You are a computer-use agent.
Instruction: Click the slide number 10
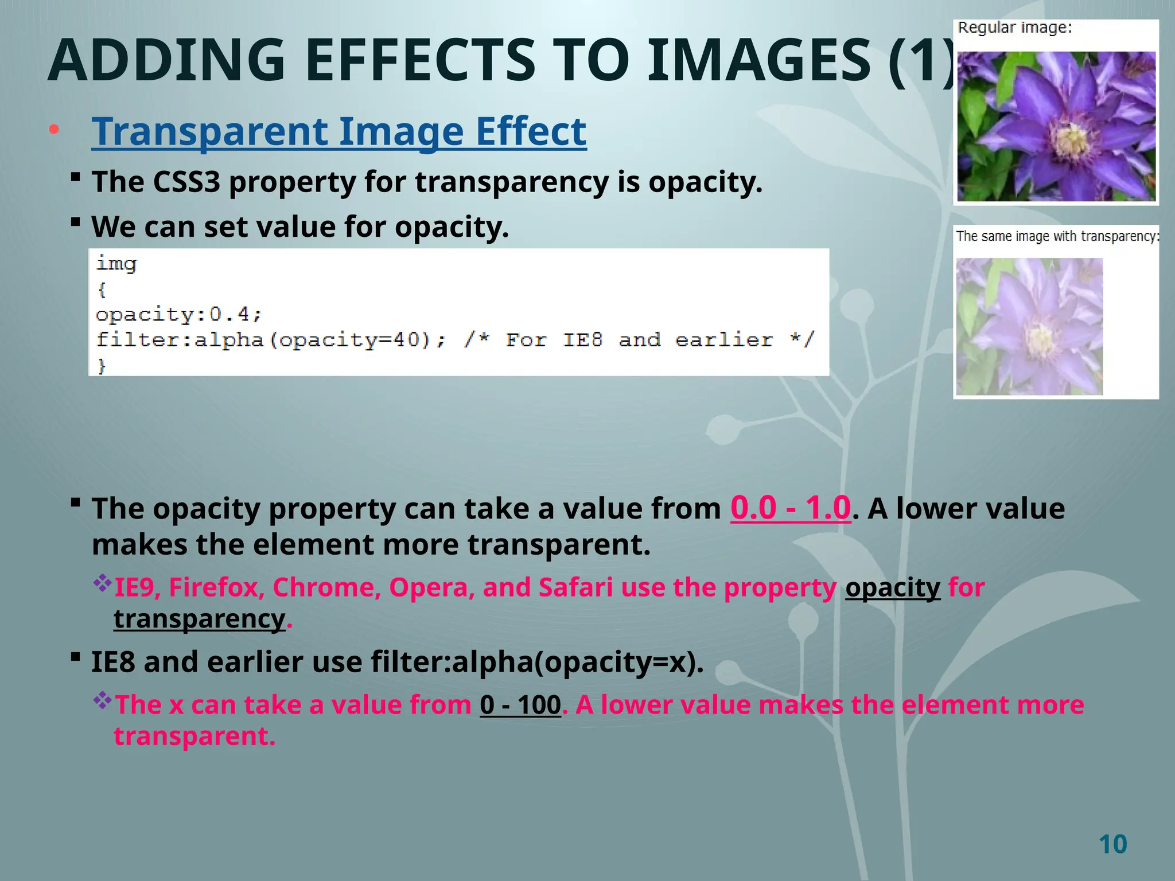pos(1112,844)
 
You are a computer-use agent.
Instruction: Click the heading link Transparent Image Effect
pos(339,131)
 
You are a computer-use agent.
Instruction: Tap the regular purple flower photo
pos(1056,126)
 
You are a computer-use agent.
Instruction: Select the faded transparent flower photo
pos(1029,326)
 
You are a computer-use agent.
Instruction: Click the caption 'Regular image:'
pos(1014,28)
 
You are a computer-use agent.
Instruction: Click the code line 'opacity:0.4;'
pos(178,314)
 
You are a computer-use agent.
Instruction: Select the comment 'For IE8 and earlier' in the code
pos(639,340)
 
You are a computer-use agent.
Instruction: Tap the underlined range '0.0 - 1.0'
pos(790,508)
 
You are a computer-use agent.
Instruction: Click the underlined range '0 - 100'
pos(520,705)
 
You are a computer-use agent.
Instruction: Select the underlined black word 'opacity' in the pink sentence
pos(892,588)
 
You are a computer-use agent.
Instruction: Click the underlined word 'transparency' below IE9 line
pos(199,619)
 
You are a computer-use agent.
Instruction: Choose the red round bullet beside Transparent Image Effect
pos(54,130)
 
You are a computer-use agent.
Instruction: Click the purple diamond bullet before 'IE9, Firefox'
pos(103,583)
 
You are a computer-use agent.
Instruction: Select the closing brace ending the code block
pos(102,365)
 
